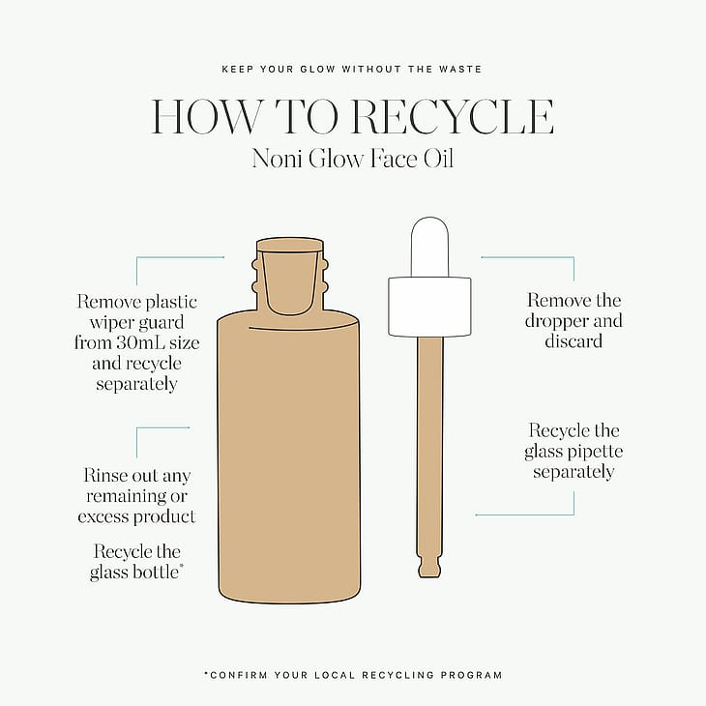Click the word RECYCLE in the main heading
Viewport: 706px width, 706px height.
[453, 117]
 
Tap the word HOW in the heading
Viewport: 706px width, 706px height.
[205, 117]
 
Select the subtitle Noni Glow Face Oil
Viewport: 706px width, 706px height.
[353, 159]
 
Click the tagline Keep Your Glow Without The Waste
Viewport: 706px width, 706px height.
[352, 70]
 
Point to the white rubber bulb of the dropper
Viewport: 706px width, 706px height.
[429, 247]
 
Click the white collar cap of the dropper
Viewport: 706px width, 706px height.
[429, 307]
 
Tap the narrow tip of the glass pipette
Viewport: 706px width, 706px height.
[429, 569]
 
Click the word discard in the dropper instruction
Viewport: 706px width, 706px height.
[574, 340]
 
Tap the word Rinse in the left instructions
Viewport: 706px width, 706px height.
[103, 476]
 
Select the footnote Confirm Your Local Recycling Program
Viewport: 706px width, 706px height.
[353, 675]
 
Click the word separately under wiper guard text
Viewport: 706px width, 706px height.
[136, 385]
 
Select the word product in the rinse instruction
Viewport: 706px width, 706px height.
[168, 516]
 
